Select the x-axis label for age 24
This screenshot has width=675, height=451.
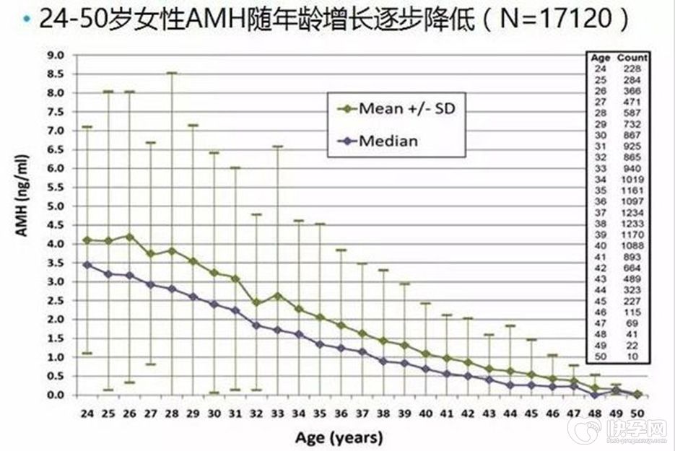pos(87,413)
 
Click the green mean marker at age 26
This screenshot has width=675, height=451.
pos(129,237)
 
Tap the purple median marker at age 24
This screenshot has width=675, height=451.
pos(87,265)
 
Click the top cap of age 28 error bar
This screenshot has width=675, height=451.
pos(172,73)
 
